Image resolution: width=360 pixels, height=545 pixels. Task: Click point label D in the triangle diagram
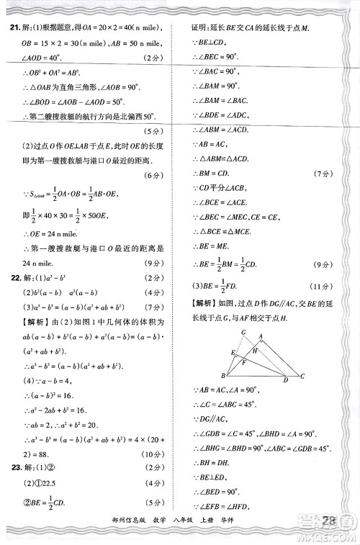[x=286, y=379]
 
